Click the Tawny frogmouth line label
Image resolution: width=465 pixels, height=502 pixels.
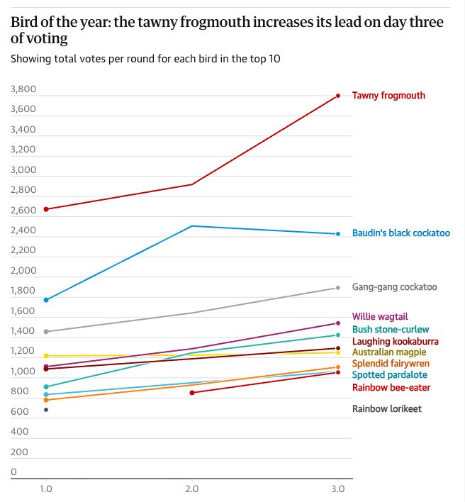click(x=388, y=96)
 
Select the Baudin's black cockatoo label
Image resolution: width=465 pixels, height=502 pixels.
click(x=400, y=233)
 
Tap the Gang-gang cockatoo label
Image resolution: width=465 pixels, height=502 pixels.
click(x=394, y=287)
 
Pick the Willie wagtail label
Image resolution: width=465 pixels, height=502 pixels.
click(x=380, y=317)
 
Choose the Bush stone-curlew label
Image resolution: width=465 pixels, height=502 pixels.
click(x=390, y=330)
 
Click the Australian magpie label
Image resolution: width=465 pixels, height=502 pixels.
click(x=389, y=352)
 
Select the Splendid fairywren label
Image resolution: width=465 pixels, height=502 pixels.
click(x=391, y=364)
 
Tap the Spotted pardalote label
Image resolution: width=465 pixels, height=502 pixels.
click(x=389, y=375)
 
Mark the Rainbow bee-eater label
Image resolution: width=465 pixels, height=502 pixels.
click(x=391, y=388)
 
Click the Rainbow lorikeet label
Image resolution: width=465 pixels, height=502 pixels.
click(x=386, y=408)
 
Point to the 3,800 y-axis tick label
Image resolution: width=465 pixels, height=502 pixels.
click(x=23, y=89)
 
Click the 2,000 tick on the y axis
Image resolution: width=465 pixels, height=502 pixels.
click(x=23, y=271)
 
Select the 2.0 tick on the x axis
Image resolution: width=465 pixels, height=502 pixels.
click(x=192, y=489)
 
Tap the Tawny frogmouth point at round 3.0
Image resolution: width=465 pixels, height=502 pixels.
click(x=338, y=95)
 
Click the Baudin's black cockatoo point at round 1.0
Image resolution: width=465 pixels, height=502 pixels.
click(x=46, y=300)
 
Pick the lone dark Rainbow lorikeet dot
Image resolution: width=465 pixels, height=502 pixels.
click(x=46, y=410)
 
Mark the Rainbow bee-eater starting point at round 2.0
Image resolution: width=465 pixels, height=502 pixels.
click(x=192, y=393)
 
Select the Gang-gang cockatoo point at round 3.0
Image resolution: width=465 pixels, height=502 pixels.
click(x=338, y=287)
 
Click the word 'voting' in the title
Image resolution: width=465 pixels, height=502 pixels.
click(x=39, y=38)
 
